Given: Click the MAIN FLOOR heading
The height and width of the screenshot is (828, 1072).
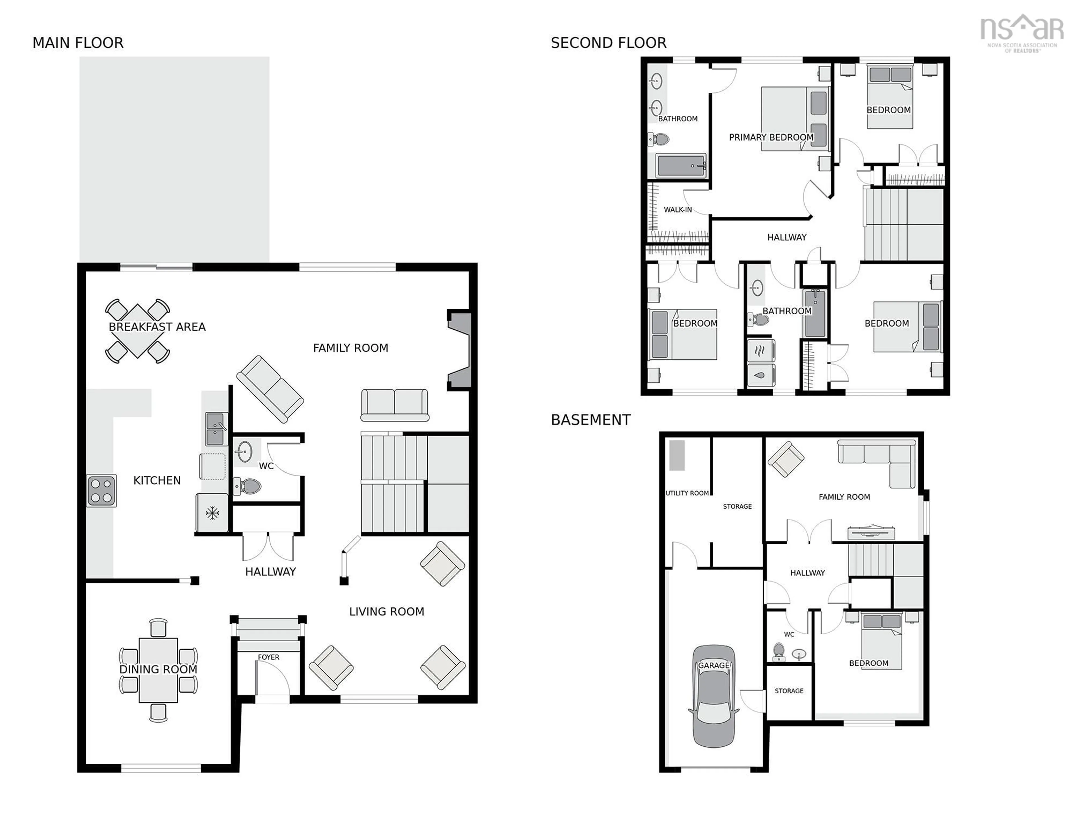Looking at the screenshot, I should (78, 43).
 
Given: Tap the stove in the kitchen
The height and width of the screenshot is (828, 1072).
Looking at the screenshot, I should (102, 490).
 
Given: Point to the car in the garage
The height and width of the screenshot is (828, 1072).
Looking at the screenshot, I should (713, 696).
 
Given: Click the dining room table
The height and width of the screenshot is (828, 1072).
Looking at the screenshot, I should (158, 669).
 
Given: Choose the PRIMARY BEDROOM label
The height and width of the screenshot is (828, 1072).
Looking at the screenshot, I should (770, 137).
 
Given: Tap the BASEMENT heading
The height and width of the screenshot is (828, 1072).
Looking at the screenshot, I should (590, 420).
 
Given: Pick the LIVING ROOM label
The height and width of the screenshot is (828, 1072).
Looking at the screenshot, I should (386, 612).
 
